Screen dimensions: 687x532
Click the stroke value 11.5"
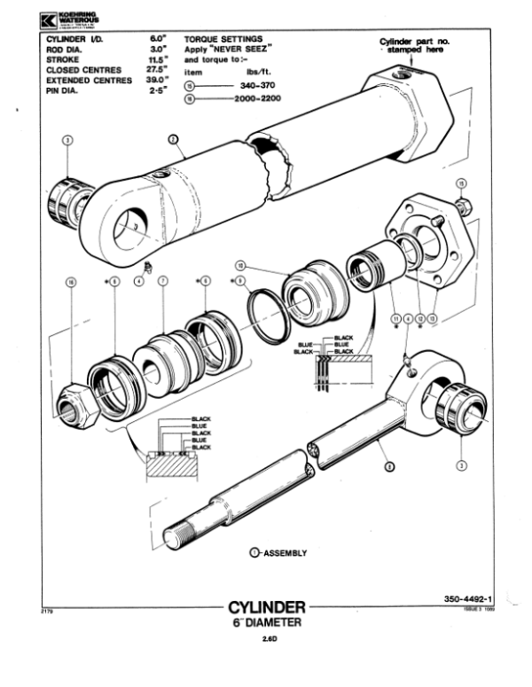tap(157, 59)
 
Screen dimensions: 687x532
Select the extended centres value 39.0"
tap(157, 78)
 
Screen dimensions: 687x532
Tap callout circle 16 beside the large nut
tap(72, 281)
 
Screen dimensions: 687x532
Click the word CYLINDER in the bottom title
tap(267, 608)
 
